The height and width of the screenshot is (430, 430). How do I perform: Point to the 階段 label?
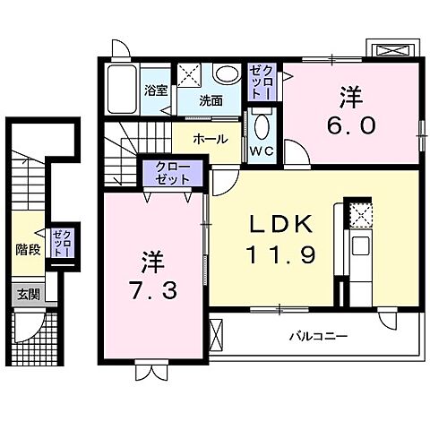click(27, 249)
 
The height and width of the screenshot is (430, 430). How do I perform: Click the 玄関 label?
click(26, 294)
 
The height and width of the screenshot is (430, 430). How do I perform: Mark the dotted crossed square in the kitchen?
click(360, 216)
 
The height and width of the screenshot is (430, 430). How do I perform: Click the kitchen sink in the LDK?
click(360, 245)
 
